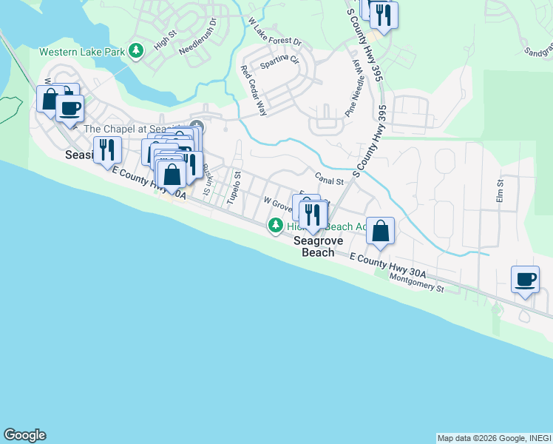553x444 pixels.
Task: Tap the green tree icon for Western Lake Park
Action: (135, 51)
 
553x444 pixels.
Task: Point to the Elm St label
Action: (501, 191)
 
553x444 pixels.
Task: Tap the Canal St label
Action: (330, 180)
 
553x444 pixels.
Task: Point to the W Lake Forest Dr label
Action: (276, 31)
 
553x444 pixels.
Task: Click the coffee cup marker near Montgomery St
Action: (526, 280)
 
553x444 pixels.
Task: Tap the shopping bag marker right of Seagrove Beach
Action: (380, 232)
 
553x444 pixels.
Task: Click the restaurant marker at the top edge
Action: (383, 14)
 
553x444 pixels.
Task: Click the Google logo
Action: (24, 435)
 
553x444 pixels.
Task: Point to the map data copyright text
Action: (493, 438)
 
